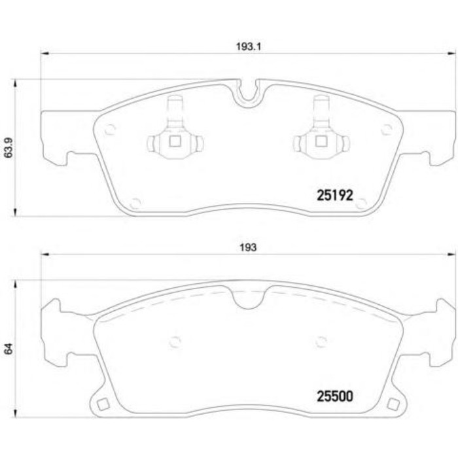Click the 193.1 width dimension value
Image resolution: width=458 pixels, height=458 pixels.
tap(244, 46)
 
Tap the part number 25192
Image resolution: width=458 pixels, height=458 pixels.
tap(334, 194)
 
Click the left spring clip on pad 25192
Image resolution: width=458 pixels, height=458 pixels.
tap(175, 133)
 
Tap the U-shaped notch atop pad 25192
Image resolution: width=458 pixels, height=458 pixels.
tap(247, 92)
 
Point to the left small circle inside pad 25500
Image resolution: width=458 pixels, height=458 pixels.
tap(175, 340)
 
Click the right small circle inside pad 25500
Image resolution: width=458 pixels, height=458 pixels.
tap(321, 340)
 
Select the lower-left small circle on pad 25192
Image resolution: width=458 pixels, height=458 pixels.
tap(135, 202)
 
